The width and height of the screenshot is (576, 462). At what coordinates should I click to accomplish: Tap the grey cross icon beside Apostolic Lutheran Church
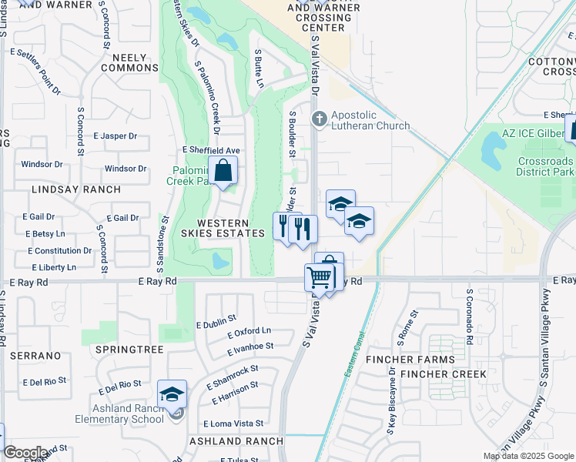320,118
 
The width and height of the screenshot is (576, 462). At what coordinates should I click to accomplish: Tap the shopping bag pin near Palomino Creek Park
223,171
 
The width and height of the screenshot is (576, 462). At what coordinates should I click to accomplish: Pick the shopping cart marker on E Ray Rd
320,276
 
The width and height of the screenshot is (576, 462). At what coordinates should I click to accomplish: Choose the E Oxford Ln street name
249,332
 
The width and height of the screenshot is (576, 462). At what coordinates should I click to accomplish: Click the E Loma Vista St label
233,424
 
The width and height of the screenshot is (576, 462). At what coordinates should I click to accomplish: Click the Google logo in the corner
25,453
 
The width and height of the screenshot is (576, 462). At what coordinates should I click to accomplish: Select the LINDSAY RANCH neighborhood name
76,189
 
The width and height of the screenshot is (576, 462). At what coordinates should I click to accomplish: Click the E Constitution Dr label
60,251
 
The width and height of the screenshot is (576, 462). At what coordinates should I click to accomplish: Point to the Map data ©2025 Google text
527,456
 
